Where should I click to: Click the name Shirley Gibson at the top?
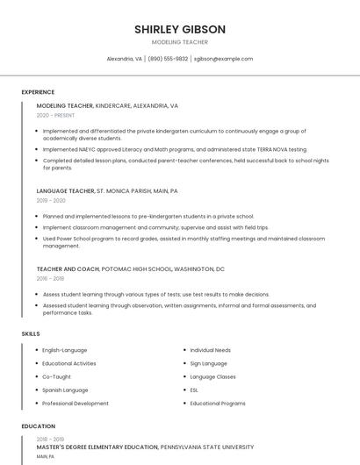(x=179, y=29)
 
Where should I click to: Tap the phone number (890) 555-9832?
(x=168, y=59)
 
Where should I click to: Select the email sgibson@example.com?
(x=223, y=59)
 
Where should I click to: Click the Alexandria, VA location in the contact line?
(x=124, y=59)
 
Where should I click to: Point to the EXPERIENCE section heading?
(x=38, y=92)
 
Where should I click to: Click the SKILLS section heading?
(x=30, y=334)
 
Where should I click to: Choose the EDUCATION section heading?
(x=37, y=426)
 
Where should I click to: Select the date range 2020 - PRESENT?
(x=55, y=115)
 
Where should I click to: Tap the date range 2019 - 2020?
(x=51, y=200)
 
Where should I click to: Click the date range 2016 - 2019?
(x=51, y=278)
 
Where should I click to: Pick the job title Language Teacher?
(x=65, y=190)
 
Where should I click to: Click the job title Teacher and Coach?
(x=67, y=268)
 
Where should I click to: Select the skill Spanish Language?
(x=65, y=390)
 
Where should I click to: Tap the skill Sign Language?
(x=208, y=363)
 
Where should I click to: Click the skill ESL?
(x=194, y=390)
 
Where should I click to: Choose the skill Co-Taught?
(x=57, y=376)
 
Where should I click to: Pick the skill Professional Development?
(x=76, y=404)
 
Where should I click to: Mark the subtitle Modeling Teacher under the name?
(x=179, y=42)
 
